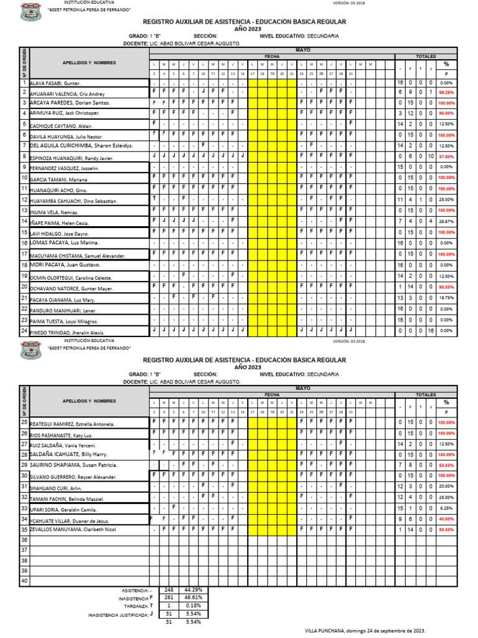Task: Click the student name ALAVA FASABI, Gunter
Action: click(54, 83)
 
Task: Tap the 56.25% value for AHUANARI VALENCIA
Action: click(446, 92)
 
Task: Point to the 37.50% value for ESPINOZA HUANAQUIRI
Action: click(446, 156)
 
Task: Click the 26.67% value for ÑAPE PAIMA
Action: click(446, 221)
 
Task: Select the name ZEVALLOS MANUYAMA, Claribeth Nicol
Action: click(73, 529)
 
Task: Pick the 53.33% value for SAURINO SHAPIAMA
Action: click(446, 465)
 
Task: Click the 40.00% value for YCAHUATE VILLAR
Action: click(446, 518)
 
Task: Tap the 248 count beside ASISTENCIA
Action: click(169, 589)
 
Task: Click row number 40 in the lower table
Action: click(24, 581)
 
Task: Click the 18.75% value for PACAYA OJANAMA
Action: click(446, 298)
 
